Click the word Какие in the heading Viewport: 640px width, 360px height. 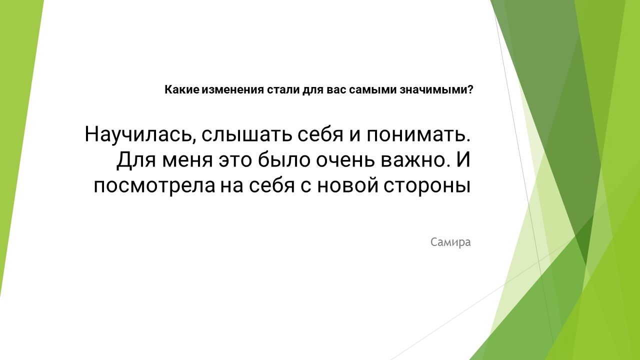[181, 89]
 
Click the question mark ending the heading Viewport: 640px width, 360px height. [470, 89]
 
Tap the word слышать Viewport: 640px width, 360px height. [247, 134]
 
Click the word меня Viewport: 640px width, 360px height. [187, 160]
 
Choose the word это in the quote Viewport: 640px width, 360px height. [235, 160]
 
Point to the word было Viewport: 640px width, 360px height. [284, 159]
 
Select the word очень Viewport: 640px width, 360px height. [345, 160]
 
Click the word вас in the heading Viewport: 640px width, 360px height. [336, 89]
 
